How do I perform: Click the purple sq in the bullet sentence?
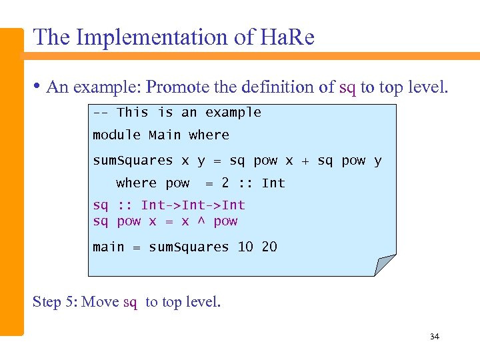(x=347, y=87)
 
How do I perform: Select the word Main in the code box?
(x=165, y=135)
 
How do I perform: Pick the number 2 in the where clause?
(x=225, y=183)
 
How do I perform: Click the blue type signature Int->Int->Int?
(x=193, y=205)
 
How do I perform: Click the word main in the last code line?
(x=109, y=247)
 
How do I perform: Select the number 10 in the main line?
(x=245, y=247)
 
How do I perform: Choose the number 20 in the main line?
(x=269, y=247)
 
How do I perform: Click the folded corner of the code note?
(x=385, y=265)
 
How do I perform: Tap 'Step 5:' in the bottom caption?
(x=55, y=302)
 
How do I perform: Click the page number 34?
(x=435, y=337)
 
